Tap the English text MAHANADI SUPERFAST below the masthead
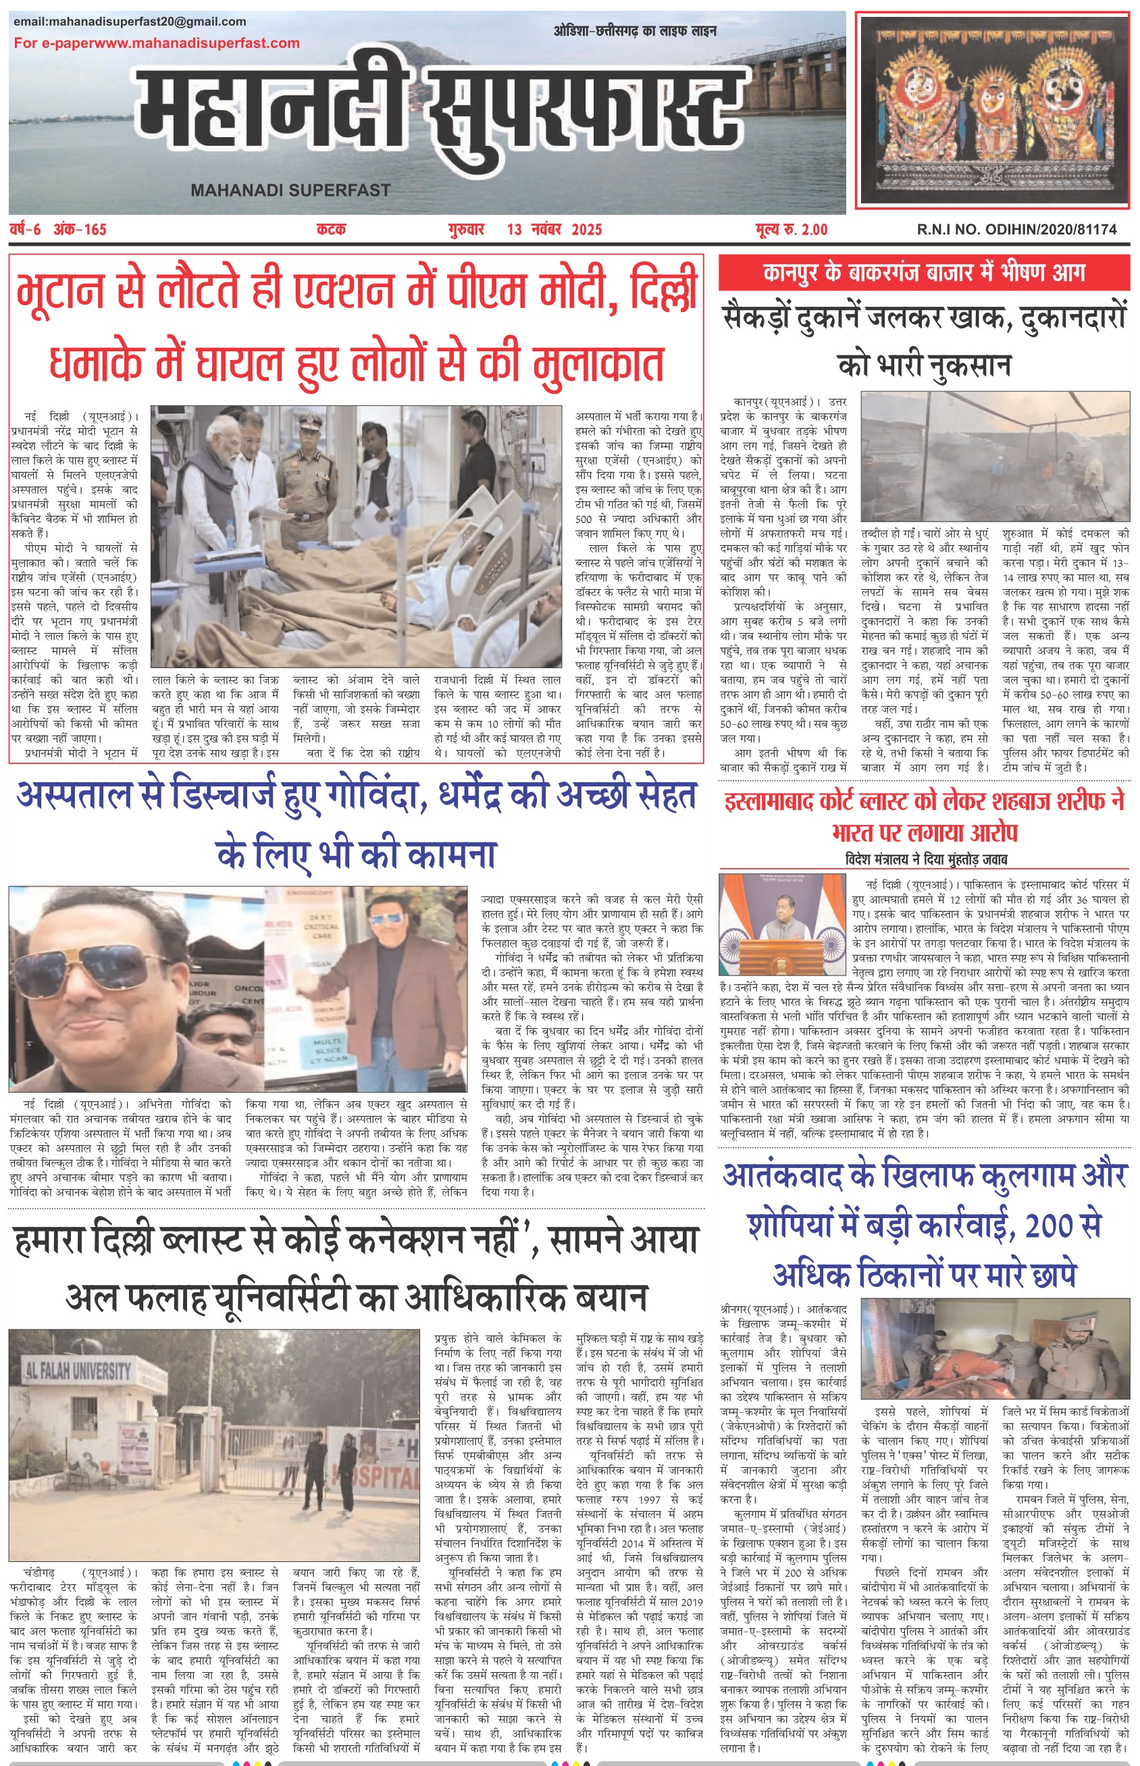point(290,191)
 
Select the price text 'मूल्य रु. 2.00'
point(792,230)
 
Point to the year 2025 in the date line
point(586,230)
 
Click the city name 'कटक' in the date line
point(331,230)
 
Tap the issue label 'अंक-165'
point(80,230)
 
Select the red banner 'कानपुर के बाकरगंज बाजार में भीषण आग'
point(924,272)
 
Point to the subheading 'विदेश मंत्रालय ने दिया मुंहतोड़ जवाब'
point(925,859)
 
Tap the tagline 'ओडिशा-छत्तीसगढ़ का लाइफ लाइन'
point(634,31)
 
